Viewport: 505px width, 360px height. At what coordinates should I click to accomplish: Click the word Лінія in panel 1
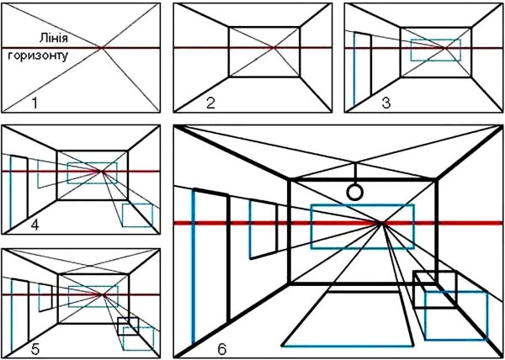54,39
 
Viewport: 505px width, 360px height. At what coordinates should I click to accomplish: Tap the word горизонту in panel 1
38,56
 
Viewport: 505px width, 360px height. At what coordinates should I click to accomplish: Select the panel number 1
35,103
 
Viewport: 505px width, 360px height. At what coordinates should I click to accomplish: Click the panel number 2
210,103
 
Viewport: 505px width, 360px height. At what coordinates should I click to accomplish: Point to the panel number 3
386,103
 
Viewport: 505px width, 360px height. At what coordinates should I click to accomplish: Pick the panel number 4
35,225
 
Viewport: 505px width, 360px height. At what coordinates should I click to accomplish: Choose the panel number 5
35,349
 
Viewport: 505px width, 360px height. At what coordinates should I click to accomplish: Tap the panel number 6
222,349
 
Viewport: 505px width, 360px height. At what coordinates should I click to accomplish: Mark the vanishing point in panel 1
102,48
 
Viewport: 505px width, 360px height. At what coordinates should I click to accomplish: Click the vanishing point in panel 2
274,48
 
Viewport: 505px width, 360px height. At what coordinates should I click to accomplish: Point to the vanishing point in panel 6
381,223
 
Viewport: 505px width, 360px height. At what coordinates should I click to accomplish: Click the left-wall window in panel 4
38,174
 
